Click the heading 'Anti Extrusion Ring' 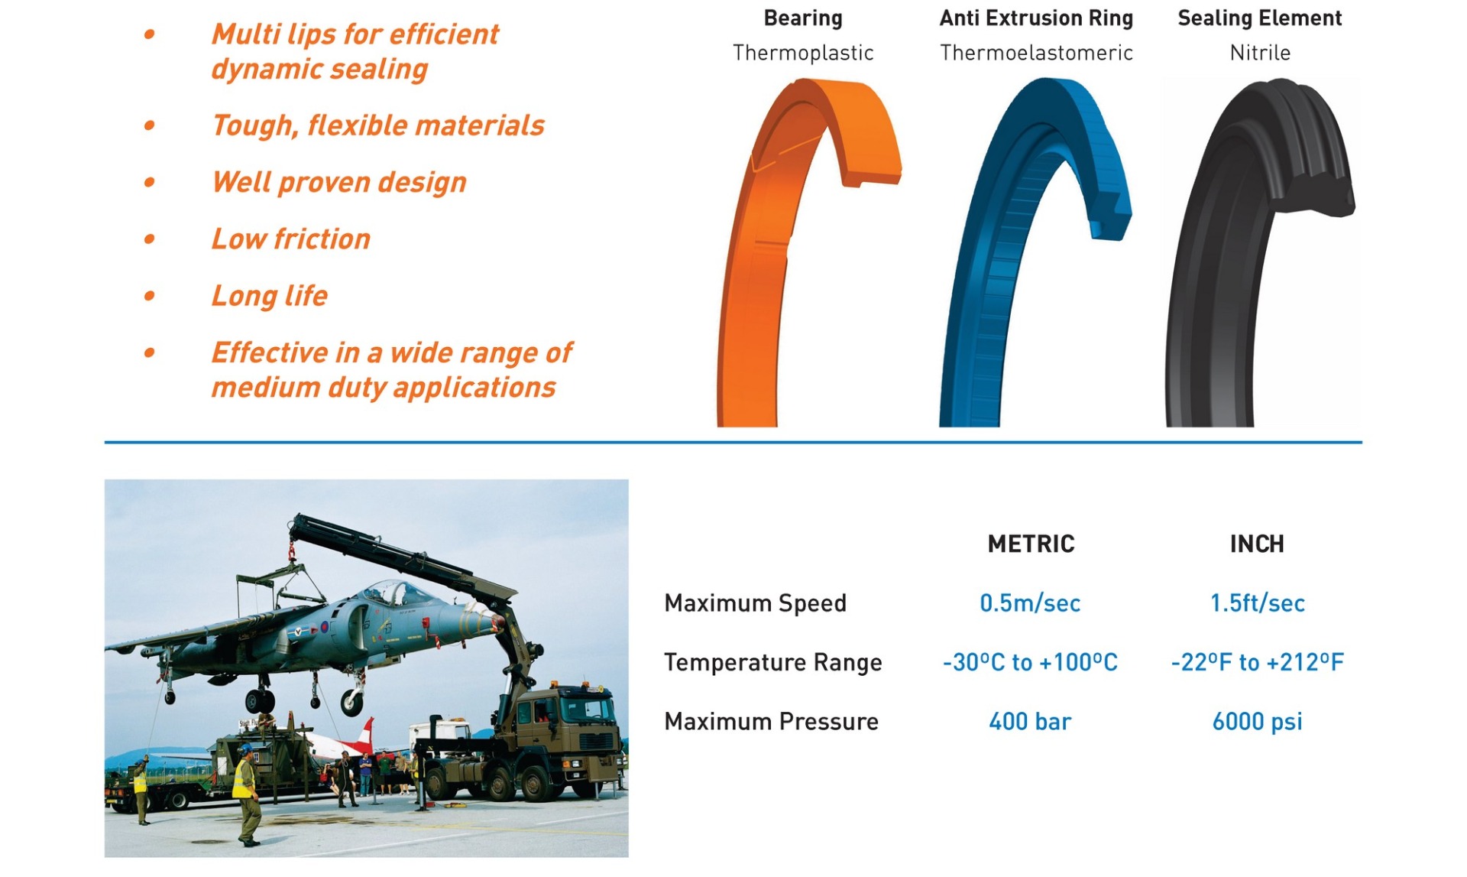[x=1036, y=18]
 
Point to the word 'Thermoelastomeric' [x=1036, y=53]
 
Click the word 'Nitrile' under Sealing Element [x=1260, y=53]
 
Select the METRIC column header [x=1031, y=544]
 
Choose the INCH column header [x=1257, y=544]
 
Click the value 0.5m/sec [x=1030, y=603]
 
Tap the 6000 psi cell [x=1257, y=721]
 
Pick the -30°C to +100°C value [x=1030, y=662]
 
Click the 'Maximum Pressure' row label [x=771, y=721]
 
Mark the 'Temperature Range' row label [x=772, y=662]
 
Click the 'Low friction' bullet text [x=290, y=239]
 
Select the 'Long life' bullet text [x=269, y=296]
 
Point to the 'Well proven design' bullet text [x=338, y=183]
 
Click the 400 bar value [x=1030, y=721]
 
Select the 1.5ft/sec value [x=1257, y=603]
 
